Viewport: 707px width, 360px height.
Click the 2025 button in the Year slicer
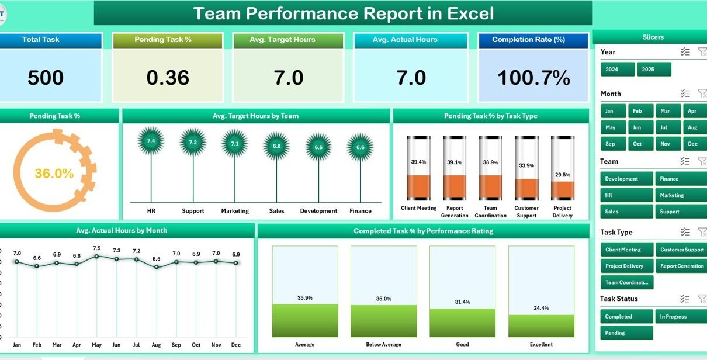click(x=654, y=70)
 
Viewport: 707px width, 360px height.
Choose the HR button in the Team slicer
click(x=626, y=195)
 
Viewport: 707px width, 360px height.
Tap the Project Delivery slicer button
click(x=627, y=266)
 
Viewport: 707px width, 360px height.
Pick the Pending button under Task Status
click(x=626, y=333)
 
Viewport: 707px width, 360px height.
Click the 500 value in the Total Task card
click(x=46, y=78)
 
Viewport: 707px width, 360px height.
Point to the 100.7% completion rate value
click(x=533, y=78)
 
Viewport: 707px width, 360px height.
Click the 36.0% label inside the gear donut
click(x=54, y=174)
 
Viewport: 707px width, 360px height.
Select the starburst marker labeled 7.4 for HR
click(x=151, y=141)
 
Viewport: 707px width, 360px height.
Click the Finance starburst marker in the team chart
click(x=360, y=147)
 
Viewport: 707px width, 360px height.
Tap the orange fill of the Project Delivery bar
click(x=563, y=190)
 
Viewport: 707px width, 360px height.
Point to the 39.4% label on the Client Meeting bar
click(x=418, y=162)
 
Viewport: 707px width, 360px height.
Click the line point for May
click(x=96, y=257)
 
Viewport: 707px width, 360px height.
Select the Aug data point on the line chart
click(x=156, y=267)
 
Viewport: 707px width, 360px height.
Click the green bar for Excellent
click(x=541, y=326)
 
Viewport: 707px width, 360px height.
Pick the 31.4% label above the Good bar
click(x=462, y=302)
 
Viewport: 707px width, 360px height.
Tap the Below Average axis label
click(x=383, y=345)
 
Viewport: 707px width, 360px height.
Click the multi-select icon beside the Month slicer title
click(x=685, y=94)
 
